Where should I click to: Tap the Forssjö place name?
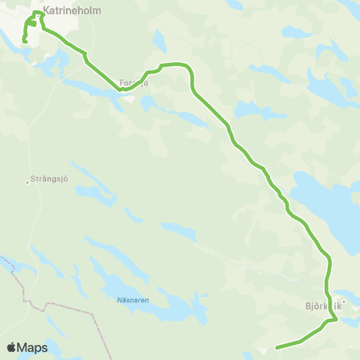coord(134,82)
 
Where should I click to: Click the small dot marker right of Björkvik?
coord(345,303)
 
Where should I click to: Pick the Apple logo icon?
coord(12,347)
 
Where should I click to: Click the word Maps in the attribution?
coord(34,348)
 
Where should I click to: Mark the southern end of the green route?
coord(277,347)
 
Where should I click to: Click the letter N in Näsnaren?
coord(119,300)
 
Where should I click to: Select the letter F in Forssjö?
coord(122,82)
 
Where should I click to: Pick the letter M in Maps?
coord(25,348)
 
